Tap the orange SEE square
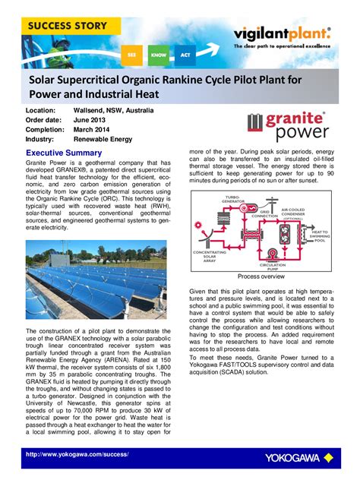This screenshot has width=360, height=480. coord(132,55)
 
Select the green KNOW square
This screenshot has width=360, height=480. coord(158,55)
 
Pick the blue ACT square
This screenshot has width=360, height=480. coord(185,55)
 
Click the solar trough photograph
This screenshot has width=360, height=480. coord(96,282)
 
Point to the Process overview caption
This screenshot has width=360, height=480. coord(260,276)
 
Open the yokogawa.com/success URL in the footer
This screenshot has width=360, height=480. coord(77,454)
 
